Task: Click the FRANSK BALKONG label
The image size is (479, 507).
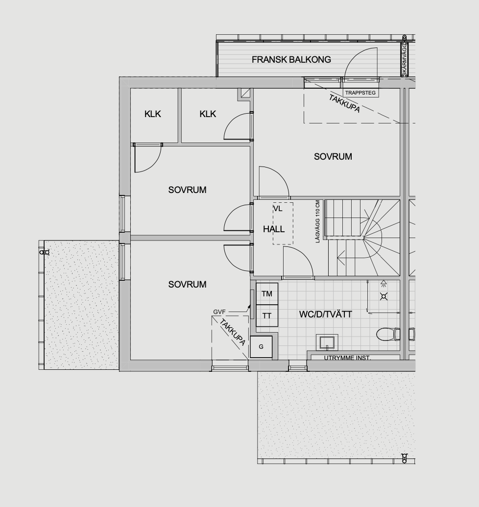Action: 291,59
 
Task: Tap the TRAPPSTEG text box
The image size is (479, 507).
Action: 360,93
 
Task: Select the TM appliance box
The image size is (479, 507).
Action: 267,293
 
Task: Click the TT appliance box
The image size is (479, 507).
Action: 267,315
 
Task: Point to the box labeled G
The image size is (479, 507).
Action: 261,347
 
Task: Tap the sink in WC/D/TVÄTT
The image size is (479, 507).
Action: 327,342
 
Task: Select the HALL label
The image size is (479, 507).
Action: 274,229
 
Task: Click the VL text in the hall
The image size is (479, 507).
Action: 278,209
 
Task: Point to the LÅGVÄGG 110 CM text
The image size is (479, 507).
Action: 317,221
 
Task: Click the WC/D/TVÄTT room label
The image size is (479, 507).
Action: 326,314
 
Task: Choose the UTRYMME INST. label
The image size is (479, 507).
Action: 347,358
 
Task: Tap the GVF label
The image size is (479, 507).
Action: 219,312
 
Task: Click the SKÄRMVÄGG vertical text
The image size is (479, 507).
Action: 405,60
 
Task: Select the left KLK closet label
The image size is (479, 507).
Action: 152,114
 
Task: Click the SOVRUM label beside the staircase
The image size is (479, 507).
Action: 333,156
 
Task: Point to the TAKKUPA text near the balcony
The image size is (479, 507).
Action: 344,103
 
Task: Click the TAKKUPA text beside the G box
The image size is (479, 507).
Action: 233,332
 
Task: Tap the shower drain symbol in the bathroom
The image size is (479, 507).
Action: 383,296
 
